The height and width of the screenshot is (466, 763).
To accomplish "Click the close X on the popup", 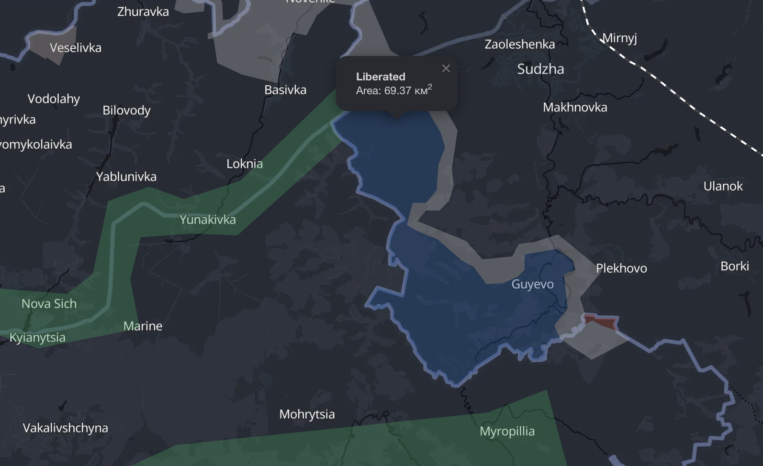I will [x=446, y=68].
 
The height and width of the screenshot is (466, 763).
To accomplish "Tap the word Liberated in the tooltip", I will [x=381, y=77].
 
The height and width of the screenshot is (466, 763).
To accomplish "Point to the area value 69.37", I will [x=397, y=90].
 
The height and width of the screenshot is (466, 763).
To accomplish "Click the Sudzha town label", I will [x=540, y=69].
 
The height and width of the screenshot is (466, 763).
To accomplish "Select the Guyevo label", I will [x=532, y=284].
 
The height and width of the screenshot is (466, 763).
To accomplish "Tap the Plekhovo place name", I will [x=621, y=268].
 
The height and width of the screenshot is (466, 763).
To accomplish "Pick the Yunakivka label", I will [x=208, y=220].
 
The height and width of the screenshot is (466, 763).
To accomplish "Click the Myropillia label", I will [x=507, y=431].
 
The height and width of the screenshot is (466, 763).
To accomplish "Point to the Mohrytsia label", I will [x=307, y=414].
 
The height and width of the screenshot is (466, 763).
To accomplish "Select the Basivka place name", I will [x=285, y=90].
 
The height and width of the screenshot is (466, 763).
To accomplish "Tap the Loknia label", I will [x=245, y=164].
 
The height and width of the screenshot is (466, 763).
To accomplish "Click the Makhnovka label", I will [x=575, y=107].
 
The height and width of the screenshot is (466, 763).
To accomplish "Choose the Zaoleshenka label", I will [x=519, y=44].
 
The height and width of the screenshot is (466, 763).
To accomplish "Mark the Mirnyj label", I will [x=619, y=38].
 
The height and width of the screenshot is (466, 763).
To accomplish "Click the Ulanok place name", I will [x=723, y=186].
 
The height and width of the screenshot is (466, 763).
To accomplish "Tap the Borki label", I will [x=735, y=266].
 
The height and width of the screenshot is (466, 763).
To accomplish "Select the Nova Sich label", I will [x=49, y=304].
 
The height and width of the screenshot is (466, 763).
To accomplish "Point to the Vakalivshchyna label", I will [x=66, y=428].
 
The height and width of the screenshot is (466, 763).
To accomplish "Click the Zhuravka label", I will [x=143, y=11].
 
